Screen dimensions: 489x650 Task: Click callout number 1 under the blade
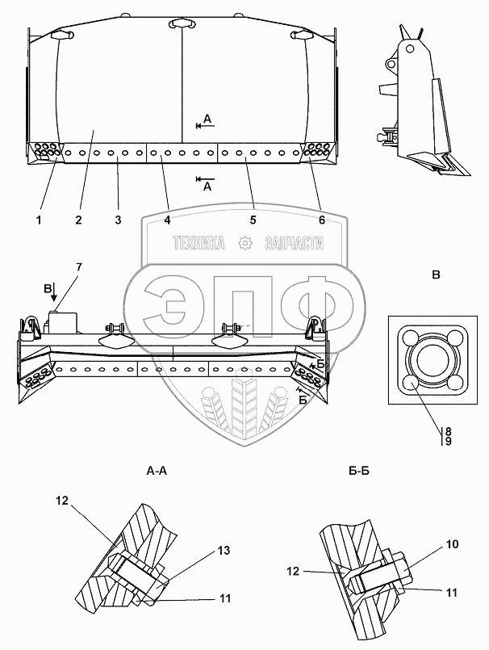click(x=39, y=220)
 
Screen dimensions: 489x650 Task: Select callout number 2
click(x=79, y=220)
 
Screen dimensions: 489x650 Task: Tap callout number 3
click(x=118, y=220)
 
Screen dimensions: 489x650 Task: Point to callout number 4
click(x=167, y=220)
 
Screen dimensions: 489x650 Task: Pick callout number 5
click(x=253, y=220)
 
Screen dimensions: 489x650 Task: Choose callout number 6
click(x=322, y=220)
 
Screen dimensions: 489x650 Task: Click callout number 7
click(x=79, y=267)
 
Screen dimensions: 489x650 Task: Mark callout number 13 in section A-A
click(x=224, y=551)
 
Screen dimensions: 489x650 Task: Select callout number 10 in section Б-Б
click(x=453, y=544)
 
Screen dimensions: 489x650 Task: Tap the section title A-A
click(x=157, y=471)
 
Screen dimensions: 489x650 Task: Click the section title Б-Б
click(x=358, y=471)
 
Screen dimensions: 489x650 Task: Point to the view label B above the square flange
click(x=436, y=275)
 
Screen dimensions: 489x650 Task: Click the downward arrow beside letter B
click(x=54, y=292)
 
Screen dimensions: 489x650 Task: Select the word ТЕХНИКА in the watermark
click(x=199, y=243)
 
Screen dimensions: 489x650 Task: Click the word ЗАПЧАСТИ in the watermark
click(x=294, y=243)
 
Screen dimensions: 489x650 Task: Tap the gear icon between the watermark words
click(x=245, y=243)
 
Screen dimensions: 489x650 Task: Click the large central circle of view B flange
click(x=433, y=359)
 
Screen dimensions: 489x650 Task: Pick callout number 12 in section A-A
click(x=62, y=501)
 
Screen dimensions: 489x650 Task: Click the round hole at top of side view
click(x=410, y=49)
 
